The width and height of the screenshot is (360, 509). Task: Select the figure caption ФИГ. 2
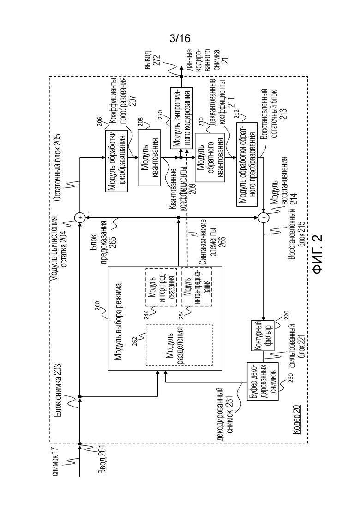point(318,254)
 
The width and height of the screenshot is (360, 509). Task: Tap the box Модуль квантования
point(150,157)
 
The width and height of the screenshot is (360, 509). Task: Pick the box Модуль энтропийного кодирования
point(181,118)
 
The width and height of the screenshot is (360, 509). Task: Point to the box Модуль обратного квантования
point(210,157)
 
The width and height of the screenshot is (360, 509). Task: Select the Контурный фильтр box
point(262,335)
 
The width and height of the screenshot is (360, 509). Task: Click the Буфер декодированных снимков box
point(263,381)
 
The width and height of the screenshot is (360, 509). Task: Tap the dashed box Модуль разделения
point(179,345)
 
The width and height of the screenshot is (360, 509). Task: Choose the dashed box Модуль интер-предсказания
point(161,287)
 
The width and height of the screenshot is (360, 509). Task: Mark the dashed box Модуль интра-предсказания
point(197,287)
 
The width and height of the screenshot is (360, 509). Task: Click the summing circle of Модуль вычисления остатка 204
point(79,217)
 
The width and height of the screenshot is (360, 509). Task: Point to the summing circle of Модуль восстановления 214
point(264,217)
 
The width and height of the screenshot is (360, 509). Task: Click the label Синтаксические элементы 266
point(214,242)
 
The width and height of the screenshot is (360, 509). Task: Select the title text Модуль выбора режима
point(118,322)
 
